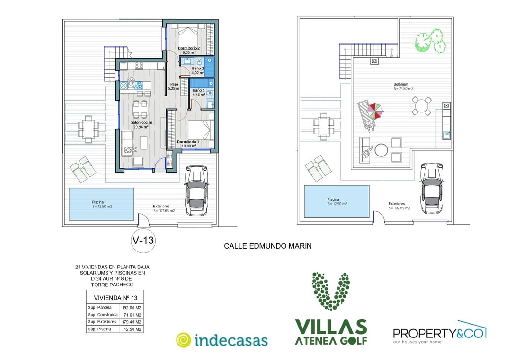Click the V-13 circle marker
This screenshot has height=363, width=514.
coord(142,240)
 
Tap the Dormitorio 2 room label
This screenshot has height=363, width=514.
coord(189,48)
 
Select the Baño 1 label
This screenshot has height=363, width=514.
coord(199,90)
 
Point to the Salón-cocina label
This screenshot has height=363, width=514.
coord(142,122)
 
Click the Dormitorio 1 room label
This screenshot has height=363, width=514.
coord(188,142)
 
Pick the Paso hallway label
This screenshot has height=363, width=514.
coord(174,84)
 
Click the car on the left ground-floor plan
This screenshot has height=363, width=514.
coord(196,190)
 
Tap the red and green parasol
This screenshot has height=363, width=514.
coord(375,111)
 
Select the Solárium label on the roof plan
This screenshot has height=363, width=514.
coord(400,84)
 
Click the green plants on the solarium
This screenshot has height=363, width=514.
coord(430,41)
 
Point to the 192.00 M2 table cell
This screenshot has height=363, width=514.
coord(132,308)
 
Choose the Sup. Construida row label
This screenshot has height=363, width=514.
coord(103,315)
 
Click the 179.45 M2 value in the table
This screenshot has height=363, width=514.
coord(132,322)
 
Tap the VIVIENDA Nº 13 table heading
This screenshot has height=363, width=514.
coord(115,298)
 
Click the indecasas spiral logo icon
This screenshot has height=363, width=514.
coord(183,340)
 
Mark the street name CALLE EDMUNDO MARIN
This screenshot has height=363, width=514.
coord(268,246)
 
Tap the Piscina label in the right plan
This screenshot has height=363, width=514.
coord(333,199)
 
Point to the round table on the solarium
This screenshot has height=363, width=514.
coord(421,106)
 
